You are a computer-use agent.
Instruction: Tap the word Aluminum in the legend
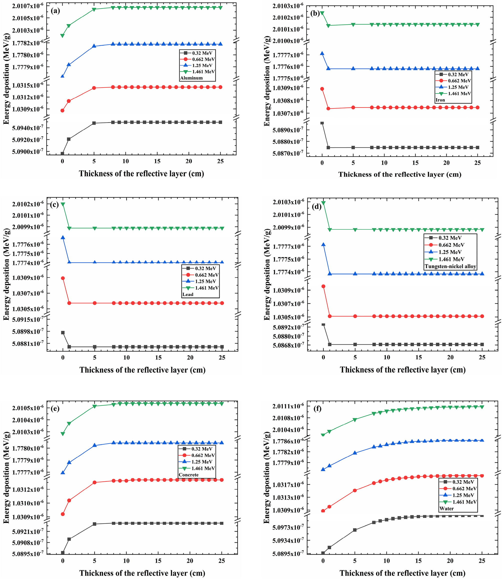click(191, 78)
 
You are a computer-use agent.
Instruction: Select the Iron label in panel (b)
click(440, 100)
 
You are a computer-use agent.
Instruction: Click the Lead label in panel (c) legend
click(188, 294)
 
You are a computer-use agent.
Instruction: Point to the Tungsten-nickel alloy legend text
click(450, 266)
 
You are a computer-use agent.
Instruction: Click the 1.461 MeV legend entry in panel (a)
click(203, 72)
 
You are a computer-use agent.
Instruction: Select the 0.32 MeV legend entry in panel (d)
click(450, 238)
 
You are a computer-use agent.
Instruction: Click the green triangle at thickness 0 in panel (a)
click(63, 36)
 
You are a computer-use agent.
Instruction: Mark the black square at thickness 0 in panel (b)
click(322, 123)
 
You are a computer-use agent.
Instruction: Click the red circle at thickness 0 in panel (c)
click(63, 278)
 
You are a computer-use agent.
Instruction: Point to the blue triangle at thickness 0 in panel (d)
click(324, 244)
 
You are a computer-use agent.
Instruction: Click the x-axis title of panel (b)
click(400, 174)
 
